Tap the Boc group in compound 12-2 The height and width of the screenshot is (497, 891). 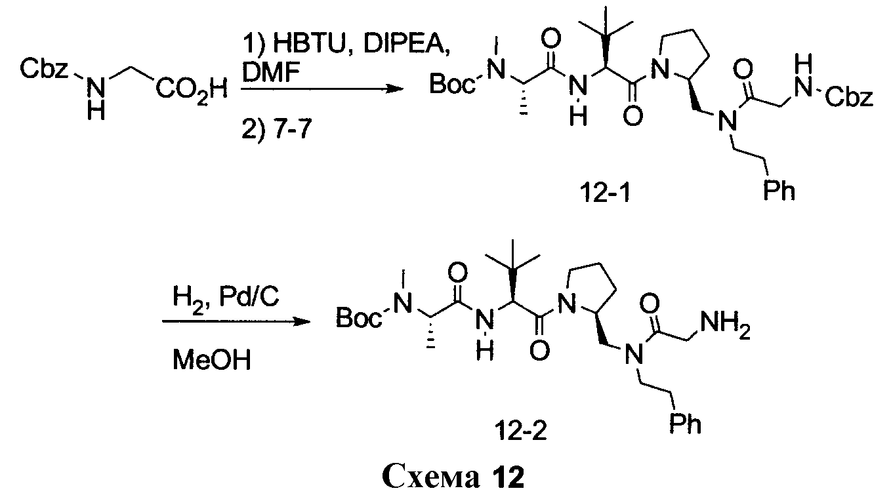click(x=358, y=320)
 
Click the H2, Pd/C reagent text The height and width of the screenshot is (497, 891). click(x=226, y=299)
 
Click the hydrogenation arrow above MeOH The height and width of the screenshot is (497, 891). click(x=235, y=322)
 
